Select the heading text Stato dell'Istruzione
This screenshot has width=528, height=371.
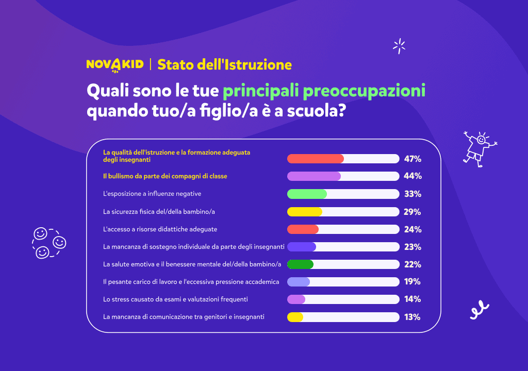pos(224,64)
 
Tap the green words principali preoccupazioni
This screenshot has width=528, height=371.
pos(324,91)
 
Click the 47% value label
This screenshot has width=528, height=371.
pos(412,159)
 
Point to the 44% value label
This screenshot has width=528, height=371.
pos(412,176)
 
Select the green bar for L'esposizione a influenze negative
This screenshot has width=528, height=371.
pos(307,194)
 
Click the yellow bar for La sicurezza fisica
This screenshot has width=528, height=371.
pos(305,212)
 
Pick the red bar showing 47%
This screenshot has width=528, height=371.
pos(315,159)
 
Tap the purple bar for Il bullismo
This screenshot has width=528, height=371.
pos(313,176)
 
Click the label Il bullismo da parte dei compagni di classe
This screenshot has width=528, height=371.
pos(165,176)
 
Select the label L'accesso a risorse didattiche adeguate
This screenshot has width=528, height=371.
pos(160,229)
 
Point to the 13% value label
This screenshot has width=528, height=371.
pos(412,317)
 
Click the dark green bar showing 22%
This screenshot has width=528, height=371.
pos(300,264)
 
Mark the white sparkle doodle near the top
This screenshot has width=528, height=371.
pos(399,46)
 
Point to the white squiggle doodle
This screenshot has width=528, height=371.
pos(479,310)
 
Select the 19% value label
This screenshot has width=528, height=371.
pos(412,282)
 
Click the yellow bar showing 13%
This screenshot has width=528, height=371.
pos(295,317)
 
